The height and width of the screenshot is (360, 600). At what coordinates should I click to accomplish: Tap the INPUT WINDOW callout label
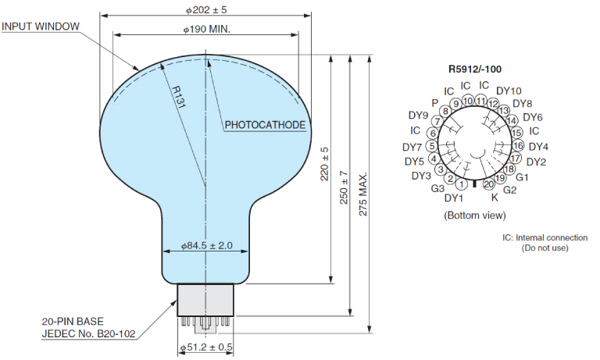[41, 27]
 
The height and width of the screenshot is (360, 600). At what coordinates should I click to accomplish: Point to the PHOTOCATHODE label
[265, 124]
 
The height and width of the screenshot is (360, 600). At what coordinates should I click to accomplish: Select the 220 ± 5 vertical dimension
[325, 165]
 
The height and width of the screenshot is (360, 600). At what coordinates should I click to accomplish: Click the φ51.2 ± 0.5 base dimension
[207, 348]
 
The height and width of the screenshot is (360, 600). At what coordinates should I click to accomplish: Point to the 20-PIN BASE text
[73, 321]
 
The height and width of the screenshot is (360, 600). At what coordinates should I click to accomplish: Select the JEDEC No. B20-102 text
[88, 333]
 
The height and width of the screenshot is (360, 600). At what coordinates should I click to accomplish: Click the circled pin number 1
[462, 184]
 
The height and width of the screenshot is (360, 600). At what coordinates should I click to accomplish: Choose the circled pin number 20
[489, 184]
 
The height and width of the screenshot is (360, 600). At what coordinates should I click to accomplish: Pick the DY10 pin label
[509, 91]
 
